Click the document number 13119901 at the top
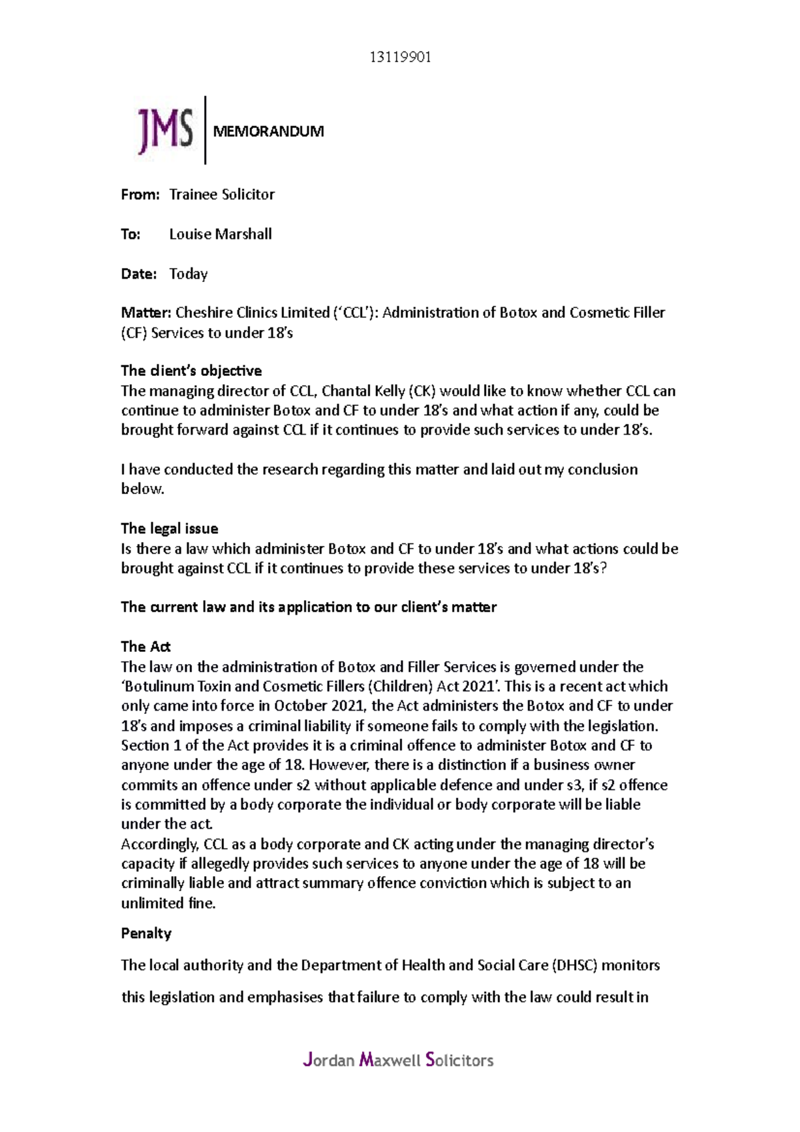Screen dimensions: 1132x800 coord(400,57)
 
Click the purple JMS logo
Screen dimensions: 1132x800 coord(165,130)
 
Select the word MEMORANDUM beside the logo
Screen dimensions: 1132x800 coord(268,131)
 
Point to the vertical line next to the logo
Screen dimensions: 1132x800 coord(205,130)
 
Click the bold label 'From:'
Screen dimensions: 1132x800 coord(140,195)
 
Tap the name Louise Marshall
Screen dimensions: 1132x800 coord(220,234)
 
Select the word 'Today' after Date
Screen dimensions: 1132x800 coord(188,274)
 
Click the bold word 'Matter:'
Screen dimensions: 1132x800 coord(146,313)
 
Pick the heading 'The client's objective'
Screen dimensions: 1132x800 coord(191,371)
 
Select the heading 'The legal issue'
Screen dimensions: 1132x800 coord(169,529)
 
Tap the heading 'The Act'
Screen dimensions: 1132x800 coord(145,647)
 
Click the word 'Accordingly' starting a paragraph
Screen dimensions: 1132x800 coord(159,845)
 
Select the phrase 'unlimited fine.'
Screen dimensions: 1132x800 coord(168,904)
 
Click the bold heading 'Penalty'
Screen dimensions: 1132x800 coord(146,933)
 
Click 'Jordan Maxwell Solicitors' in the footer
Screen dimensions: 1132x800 coord(398,1060)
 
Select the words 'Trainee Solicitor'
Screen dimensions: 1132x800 coord(222,195)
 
